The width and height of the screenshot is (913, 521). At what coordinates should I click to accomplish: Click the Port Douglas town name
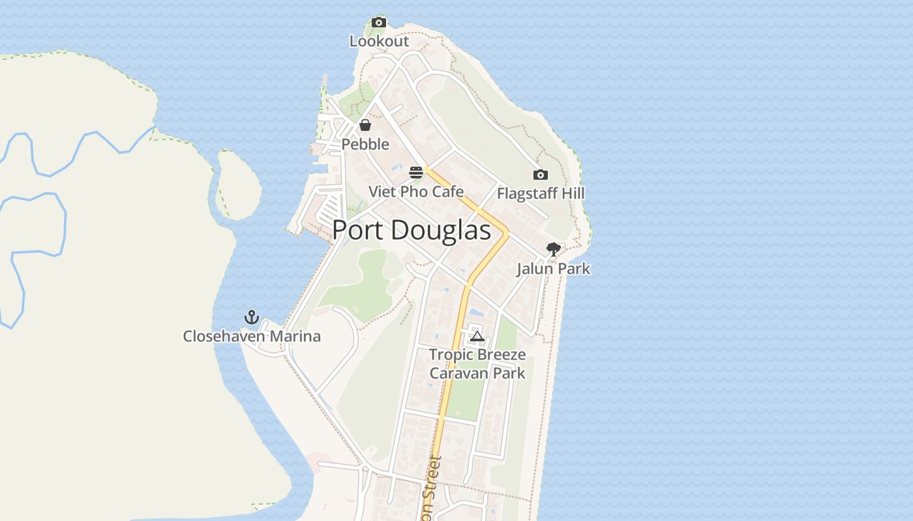tap(412, 231)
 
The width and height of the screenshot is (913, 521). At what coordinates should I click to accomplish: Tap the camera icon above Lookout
tap(379, 23)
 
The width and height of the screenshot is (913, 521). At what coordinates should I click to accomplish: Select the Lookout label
tap(379, 41)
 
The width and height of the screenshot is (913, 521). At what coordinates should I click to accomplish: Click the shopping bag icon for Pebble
tap(365, 125)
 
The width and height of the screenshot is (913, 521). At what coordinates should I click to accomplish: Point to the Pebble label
tap(365, 144)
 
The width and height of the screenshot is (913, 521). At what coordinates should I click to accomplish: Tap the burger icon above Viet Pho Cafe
tap(416, 173)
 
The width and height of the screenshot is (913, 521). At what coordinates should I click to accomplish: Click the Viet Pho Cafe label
tap(416, 191)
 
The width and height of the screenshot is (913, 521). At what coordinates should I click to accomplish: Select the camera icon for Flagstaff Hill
tap(541, 175)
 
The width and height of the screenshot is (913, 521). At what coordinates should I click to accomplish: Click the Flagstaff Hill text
tap(541, 193)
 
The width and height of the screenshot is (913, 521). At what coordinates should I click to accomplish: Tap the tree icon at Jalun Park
tap(553, 249)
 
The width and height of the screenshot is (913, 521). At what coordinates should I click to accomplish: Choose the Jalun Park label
tap(553, 268)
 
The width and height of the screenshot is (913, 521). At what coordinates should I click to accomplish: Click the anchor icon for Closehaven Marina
tap(252, 317)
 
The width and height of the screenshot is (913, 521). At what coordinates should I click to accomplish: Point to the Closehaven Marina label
tap(252, 336)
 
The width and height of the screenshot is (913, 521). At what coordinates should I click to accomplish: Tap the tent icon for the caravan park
tap(477, 336)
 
